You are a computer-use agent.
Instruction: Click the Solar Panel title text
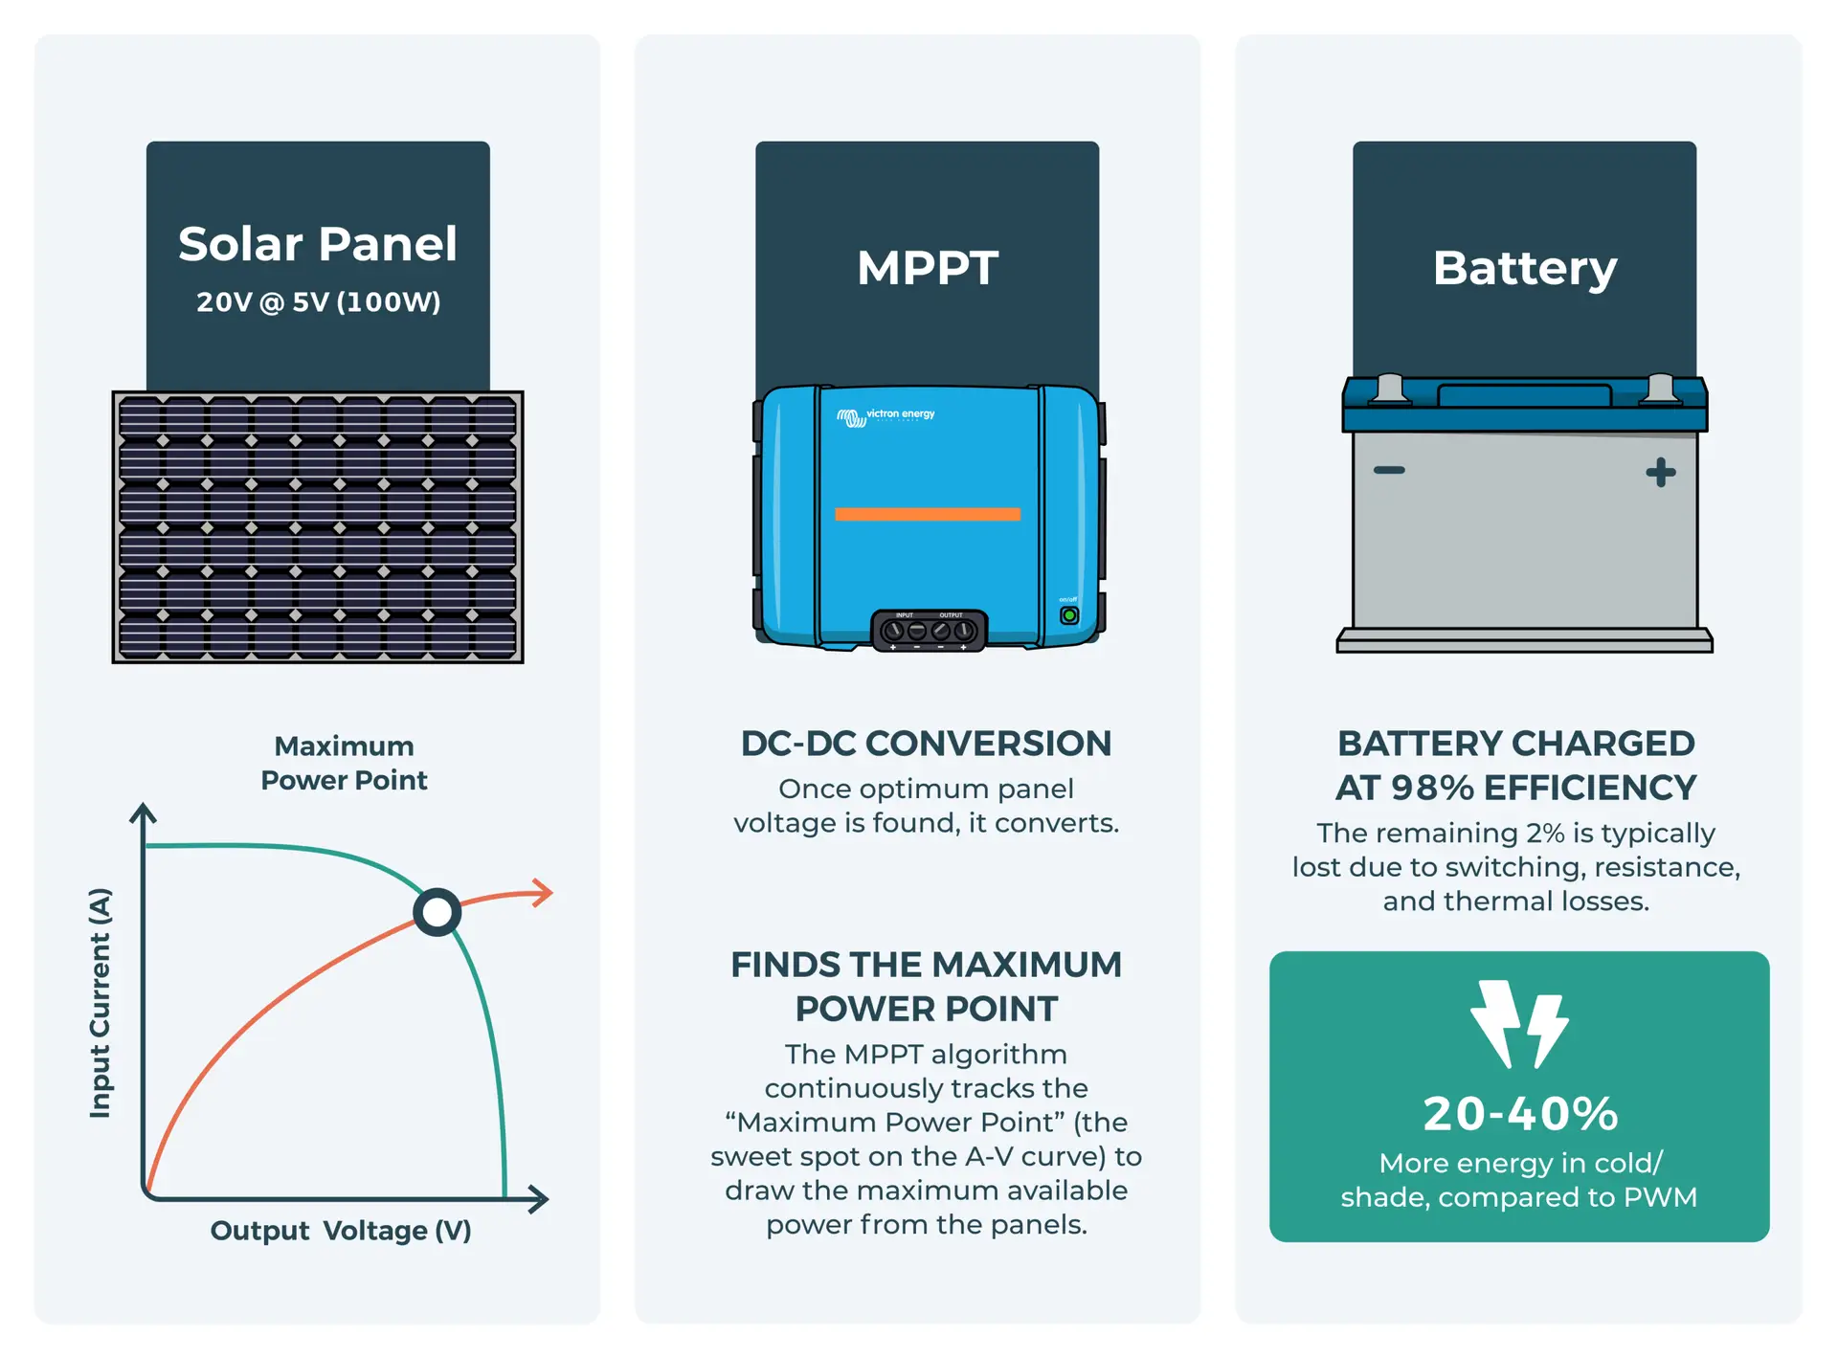tap(317, 244)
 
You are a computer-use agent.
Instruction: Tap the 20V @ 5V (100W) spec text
tap(318, 302)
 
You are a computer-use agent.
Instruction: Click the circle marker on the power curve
tap(437, 912)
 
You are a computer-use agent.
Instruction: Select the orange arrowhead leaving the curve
tap(545, 892)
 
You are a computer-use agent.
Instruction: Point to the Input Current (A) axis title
tap(100, 1002)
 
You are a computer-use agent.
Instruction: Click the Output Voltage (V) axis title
tap(341, 1230)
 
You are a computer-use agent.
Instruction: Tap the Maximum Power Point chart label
tap(344, 763)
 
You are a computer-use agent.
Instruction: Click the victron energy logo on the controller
tap(885, 416)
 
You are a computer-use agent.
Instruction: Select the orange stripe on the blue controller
tap(927, 514)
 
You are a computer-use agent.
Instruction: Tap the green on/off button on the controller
tap(1069, 615)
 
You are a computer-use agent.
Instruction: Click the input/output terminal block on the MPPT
tap(929, 631)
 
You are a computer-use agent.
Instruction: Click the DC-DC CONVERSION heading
tap(926, 744)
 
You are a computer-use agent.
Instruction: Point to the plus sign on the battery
tap(1660, 472)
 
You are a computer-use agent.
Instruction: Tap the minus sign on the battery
tap(1389, 470)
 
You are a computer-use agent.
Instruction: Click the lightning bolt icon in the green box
tap(1518, 1024)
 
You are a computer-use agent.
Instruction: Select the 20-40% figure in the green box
tap(1519, 1114)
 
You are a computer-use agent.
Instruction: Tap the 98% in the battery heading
tap(1431, 788)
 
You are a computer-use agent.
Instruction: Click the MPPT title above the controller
tap(927, 268)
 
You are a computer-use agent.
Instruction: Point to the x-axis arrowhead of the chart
tap(539, 1198)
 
